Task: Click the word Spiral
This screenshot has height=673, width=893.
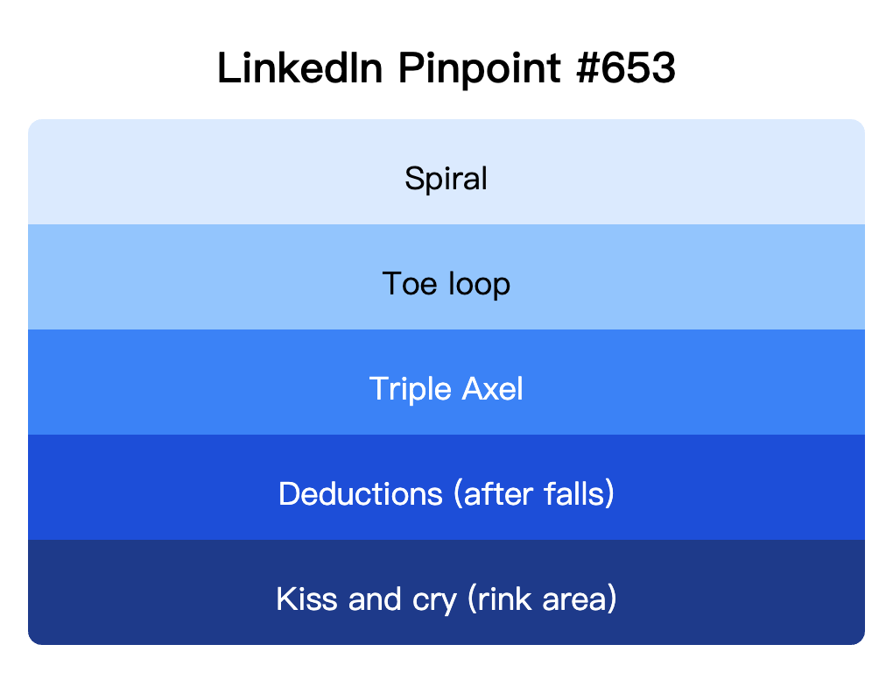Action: (x=446, y=180)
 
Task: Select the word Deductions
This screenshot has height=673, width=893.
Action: (x=361, y=494)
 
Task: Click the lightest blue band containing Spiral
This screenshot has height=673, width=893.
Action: (x=175, y=172)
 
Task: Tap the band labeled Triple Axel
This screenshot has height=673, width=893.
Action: (x=175, y=382)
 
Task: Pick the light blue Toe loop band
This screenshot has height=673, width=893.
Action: (x=175, y=277)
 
